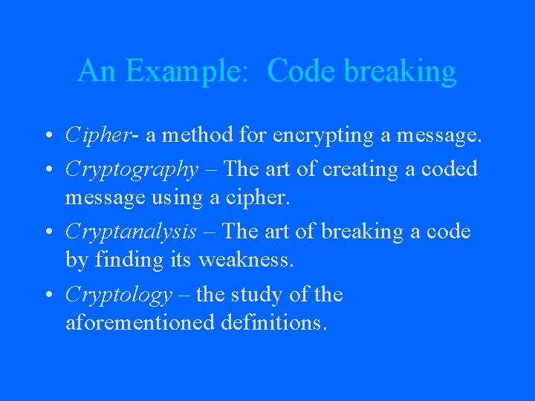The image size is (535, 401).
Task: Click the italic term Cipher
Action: pos(93,136)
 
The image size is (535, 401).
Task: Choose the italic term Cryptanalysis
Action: pos(131,232)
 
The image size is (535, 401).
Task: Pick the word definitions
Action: pos(274,325)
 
